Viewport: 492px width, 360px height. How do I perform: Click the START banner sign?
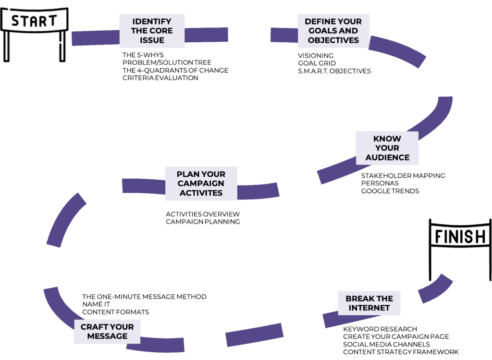[34, 21]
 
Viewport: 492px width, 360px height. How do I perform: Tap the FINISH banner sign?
[460, 237]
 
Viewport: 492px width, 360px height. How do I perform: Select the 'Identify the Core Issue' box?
[152, 31]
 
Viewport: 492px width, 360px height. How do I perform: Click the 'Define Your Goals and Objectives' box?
[333, 31]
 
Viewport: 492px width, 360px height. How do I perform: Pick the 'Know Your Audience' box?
[387, 148]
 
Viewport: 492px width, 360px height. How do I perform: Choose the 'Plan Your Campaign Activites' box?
[201, 183]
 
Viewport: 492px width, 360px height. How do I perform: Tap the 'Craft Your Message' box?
[107, 331]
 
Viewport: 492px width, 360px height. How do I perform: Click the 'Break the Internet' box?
[369, 303]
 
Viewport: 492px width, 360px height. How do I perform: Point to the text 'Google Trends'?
[390, 191]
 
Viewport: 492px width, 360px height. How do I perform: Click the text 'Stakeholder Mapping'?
[403, 175]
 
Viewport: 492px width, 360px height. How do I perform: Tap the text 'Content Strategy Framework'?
[400, 352]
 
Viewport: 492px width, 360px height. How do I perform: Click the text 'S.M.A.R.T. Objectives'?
[334, 71]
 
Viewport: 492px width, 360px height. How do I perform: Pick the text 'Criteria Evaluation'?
[160, 78]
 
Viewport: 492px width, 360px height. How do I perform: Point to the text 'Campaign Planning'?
[202, 222]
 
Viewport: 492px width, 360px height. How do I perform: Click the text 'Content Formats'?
[115, 312]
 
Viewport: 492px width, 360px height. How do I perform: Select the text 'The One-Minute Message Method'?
[144, 297]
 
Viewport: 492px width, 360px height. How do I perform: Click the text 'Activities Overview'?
[202, 214]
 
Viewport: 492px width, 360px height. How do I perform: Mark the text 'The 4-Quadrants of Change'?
[175, 70]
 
